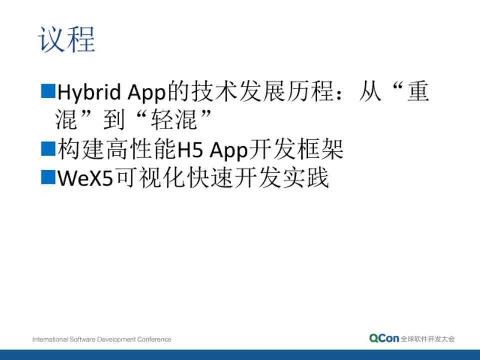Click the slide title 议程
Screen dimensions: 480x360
[66, 40]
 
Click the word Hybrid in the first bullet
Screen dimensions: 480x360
[89, 92]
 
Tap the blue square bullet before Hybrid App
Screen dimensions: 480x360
[48, 91]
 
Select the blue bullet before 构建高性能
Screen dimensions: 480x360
[48, 149]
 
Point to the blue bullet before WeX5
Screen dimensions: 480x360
[48, 177]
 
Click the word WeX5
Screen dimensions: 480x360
[85, 178]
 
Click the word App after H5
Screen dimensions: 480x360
[229, 150]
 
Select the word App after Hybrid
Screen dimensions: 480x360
[146, 93]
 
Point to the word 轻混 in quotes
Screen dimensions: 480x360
[174, 120]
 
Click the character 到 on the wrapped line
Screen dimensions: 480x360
[114, 120]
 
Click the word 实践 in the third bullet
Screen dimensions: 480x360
[306, 177]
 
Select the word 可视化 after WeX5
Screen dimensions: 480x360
[150, 177]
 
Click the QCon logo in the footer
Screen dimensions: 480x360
[384, 338]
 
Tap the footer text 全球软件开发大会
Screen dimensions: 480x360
[428, 339]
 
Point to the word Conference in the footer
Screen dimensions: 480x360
[154, 339]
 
